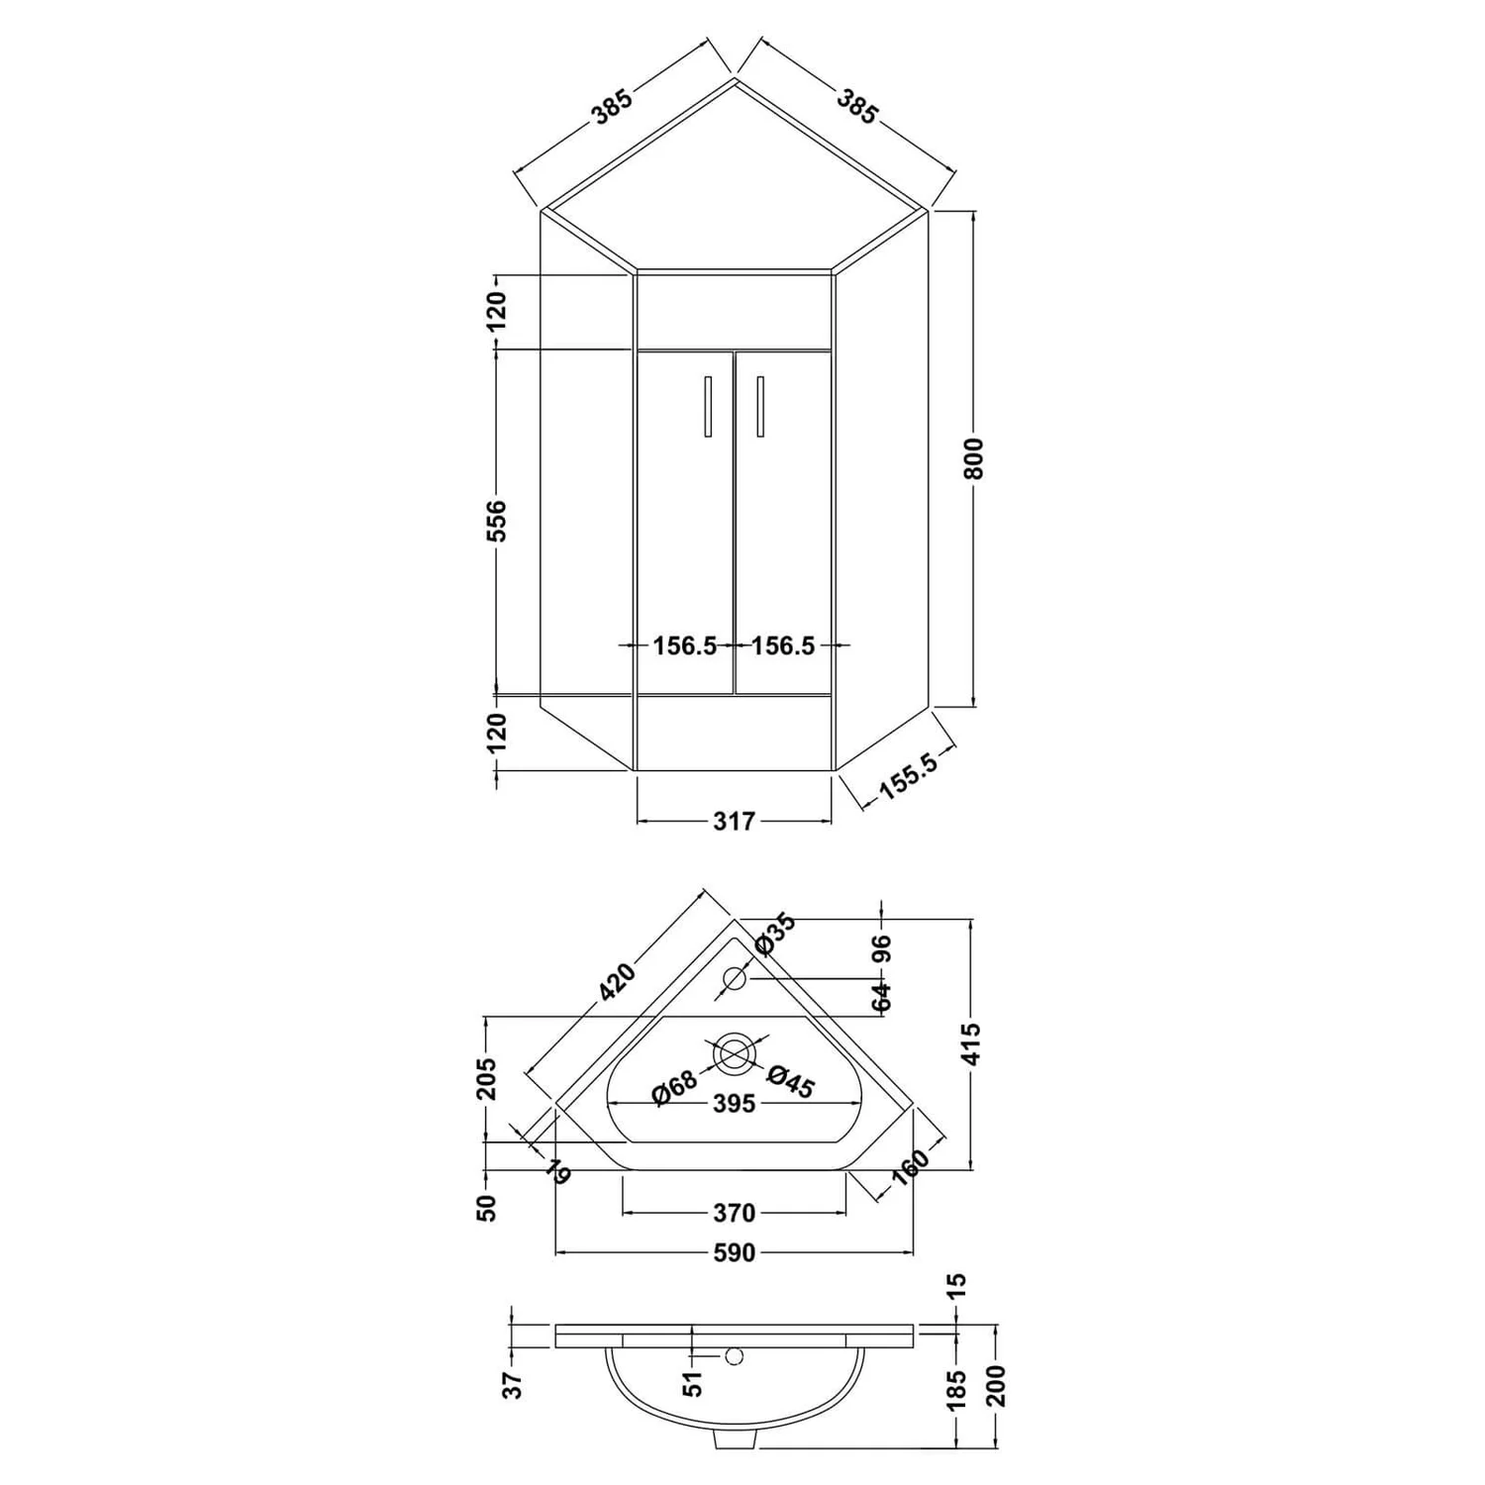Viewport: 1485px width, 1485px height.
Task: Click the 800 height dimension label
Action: (x=975, y=458)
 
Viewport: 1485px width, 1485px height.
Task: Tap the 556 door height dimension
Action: (x=497, y=521)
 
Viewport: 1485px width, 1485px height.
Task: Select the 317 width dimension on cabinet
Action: (x=734, y=821)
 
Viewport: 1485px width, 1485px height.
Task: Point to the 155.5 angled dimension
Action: (x=903, y=777)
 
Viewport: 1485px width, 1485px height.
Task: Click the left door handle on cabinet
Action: (x=708, y=406)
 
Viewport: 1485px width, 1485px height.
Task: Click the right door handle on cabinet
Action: (x=759, y=406)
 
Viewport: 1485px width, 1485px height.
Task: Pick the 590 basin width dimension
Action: (x=734, y=1253)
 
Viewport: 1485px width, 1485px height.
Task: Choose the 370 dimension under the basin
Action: (x=734, y=1212)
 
